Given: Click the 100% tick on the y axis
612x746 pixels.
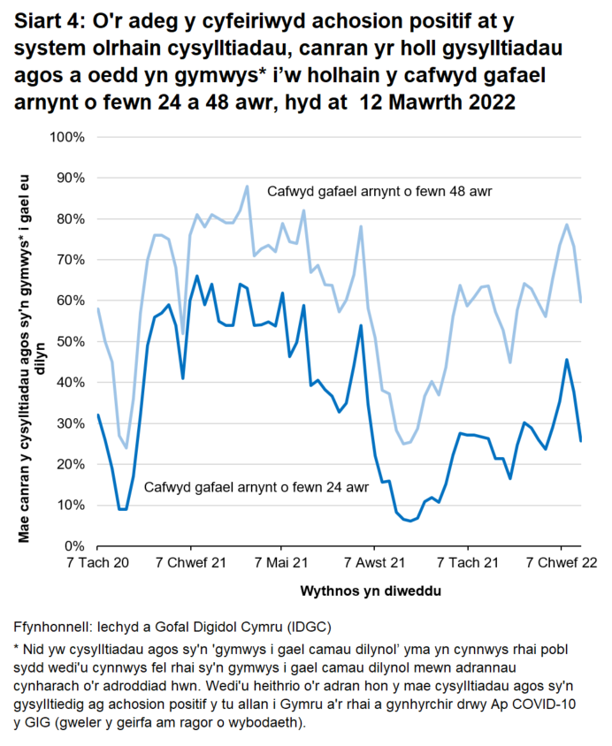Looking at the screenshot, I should (x=65, y=137).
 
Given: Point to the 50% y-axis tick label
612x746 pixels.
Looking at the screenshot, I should (x=69, y=341).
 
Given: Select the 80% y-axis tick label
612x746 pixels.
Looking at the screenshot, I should (x=69, y=218).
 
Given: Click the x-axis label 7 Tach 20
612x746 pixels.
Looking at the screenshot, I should (x=97, y=563).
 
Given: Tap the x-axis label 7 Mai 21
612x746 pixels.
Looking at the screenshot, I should (x=282, y=563).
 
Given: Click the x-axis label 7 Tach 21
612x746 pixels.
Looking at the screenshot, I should (x=470, y=563).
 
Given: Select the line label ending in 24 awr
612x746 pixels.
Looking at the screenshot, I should (x=256, y=487).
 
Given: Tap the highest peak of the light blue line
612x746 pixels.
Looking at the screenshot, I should (x=248, y=186).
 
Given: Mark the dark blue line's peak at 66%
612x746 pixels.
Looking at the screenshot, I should (x=197, y=276).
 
